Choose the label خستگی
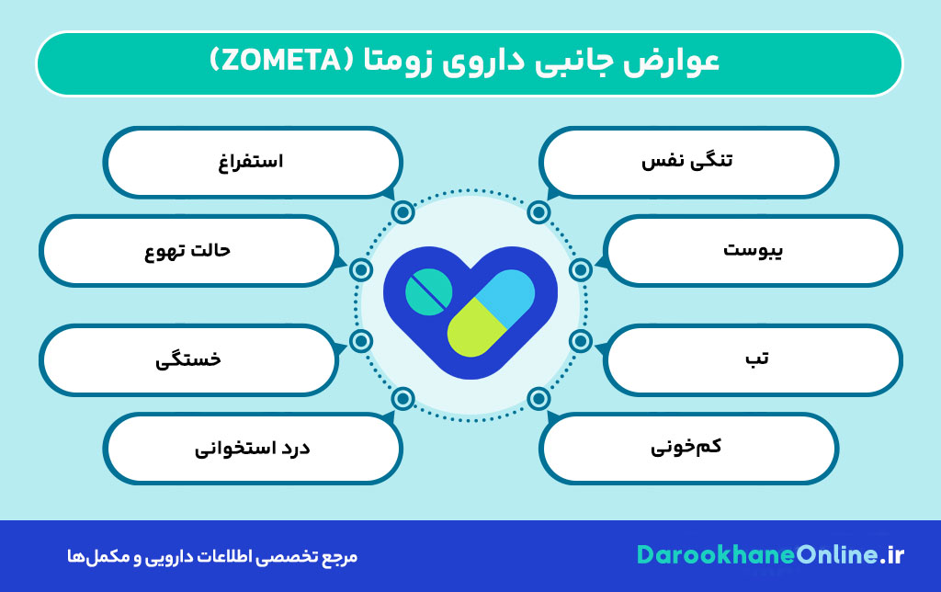pos(188,359)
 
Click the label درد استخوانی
pos(253,449)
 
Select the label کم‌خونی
pos(687,448)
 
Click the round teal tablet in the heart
pos(429,292)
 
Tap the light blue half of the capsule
pos(501,296)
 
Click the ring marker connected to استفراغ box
pos(402,212)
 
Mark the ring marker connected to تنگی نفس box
pos(539,212)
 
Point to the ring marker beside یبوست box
pos(580,269)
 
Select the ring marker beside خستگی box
pos(361,341)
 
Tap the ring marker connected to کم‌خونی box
pos(539,398)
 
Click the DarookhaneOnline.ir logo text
pos(770,555)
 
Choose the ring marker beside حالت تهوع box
pos(361,269)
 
